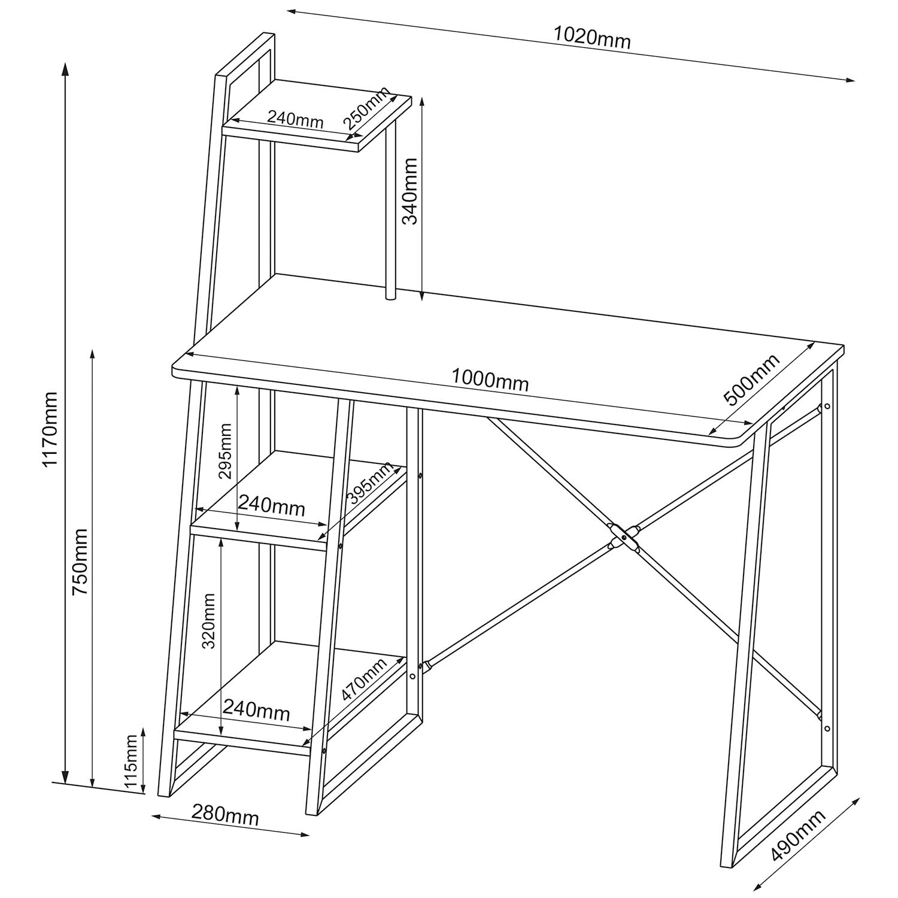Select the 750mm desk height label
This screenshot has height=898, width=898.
coord(80,561)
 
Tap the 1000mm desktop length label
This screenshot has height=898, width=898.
coord(490,380)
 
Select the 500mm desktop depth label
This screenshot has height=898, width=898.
coord(752,380)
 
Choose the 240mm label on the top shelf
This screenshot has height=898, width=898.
coord(295,119)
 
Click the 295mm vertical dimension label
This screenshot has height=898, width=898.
coord(225,451)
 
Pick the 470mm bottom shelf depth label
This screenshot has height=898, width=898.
coord(364,679)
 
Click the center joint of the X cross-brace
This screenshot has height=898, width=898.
coord(624,538)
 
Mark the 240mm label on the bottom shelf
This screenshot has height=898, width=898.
coord(256,711)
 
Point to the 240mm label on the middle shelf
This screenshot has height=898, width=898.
coord(272,506)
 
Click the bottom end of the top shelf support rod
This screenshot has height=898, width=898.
coord(390,296)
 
